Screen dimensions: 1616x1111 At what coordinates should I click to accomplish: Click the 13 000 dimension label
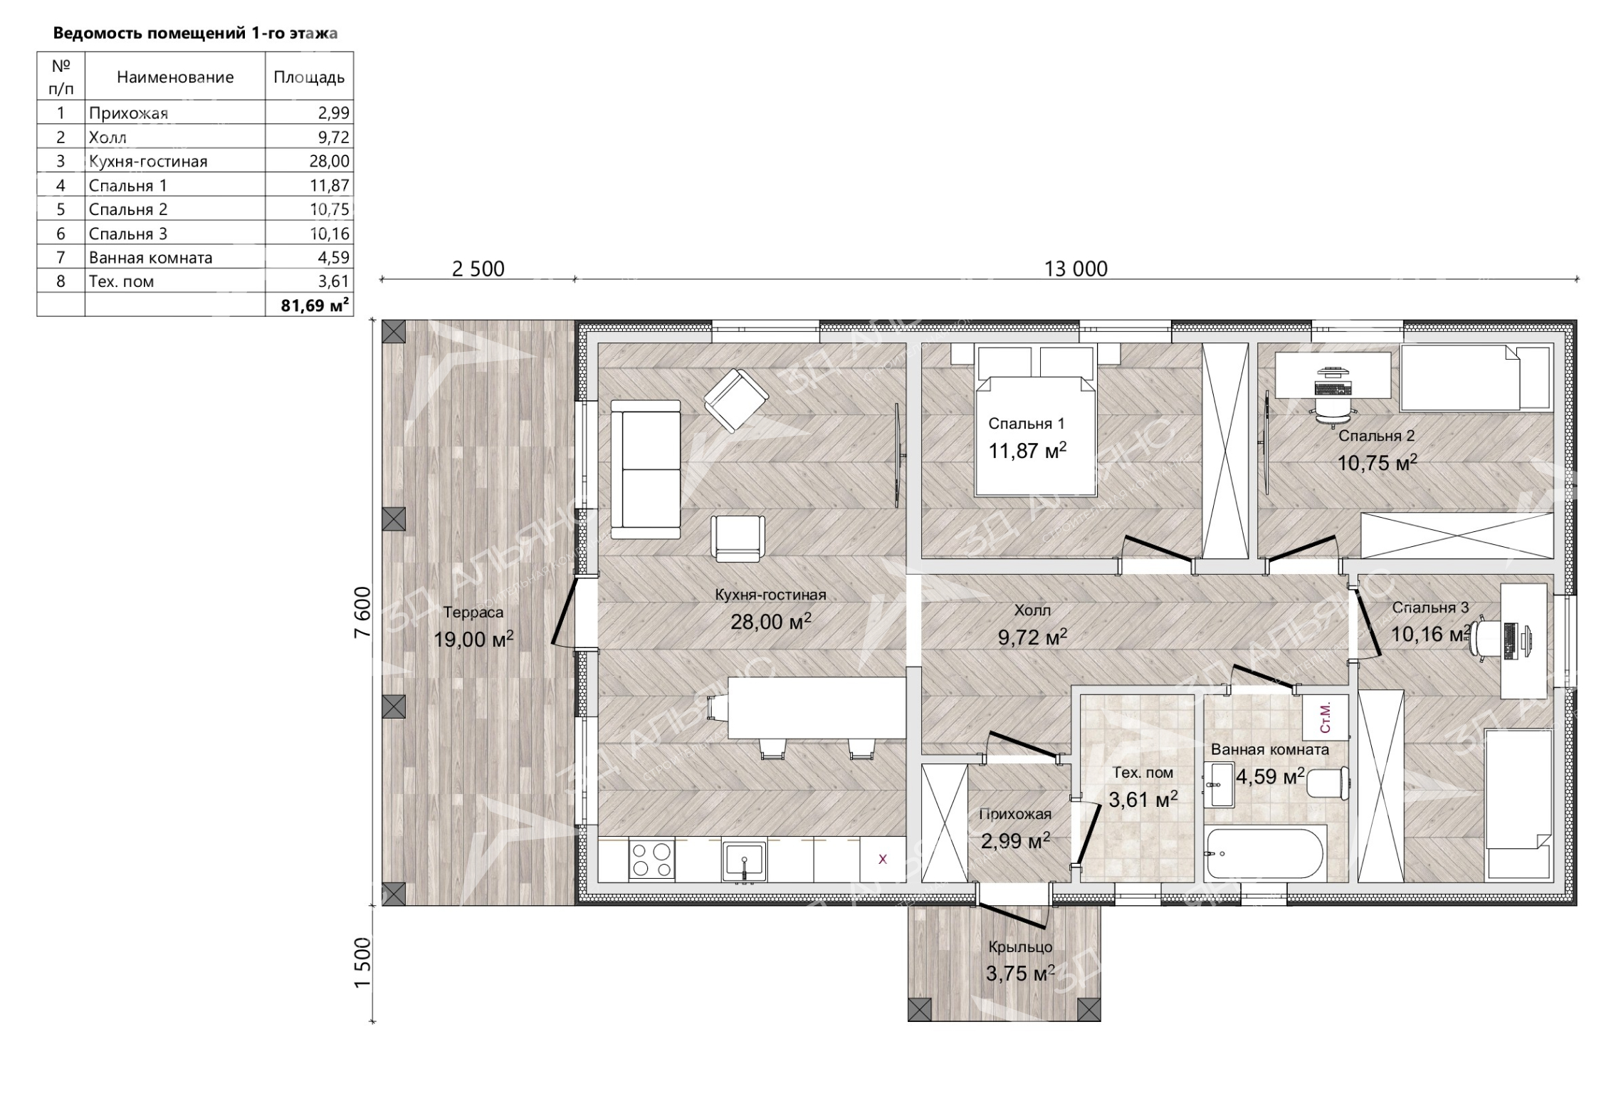(x=1076, y=268)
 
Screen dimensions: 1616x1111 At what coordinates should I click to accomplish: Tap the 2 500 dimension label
(x=478, y=268)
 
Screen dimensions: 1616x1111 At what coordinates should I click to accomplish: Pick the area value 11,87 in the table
(x=330, y=185)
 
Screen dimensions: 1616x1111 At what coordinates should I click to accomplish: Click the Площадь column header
(x=309, y=77)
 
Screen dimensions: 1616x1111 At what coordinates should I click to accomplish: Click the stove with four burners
(x=651, y=860)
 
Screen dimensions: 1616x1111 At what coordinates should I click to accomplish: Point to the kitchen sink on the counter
(x=744, y=860)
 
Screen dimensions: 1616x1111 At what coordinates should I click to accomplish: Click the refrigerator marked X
(x=883, y=860)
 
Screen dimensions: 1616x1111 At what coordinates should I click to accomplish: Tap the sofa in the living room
(x=646, y=469)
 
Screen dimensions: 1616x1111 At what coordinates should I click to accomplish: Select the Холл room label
(x=1032, y=610)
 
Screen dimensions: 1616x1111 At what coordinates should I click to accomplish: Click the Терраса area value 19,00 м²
(x=473, y=639)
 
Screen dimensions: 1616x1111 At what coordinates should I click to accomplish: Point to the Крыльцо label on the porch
(x=1020, y=947)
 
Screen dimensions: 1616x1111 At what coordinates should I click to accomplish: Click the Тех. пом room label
(x=1143, y=773)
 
